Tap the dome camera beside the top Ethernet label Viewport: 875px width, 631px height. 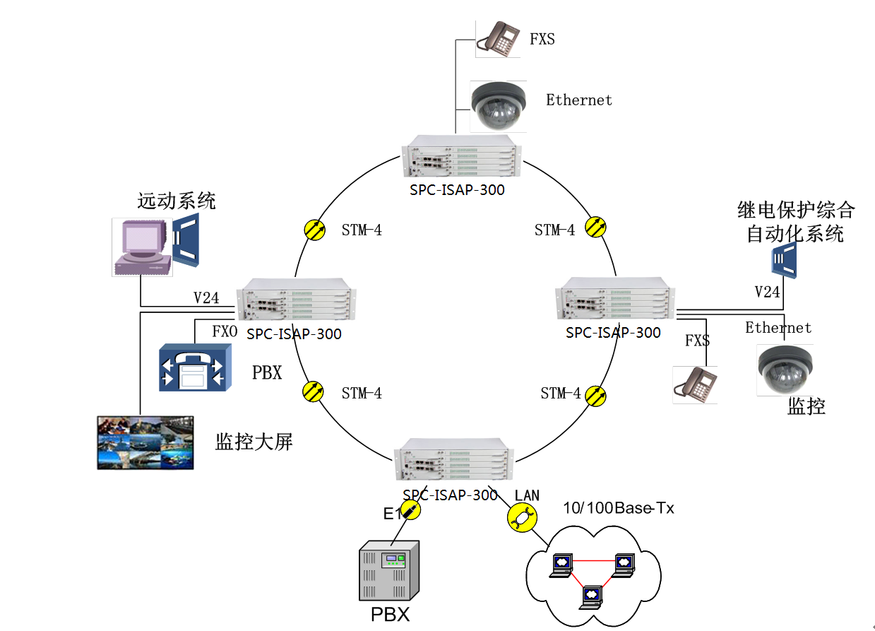point(499,106)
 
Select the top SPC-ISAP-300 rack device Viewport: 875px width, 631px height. point(461,159)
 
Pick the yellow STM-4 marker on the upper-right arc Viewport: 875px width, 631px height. point(597,227)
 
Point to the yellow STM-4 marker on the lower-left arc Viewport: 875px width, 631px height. point(312,391)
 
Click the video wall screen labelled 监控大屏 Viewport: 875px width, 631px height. point(145,442)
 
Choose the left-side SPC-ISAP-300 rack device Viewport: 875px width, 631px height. point(297,302)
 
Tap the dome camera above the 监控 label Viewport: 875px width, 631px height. point(785,369)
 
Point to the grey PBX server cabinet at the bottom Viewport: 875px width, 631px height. point(388,571)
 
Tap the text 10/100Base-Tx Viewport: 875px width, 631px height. point(618,507)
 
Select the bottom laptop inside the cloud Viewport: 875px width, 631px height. point(589,596)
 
